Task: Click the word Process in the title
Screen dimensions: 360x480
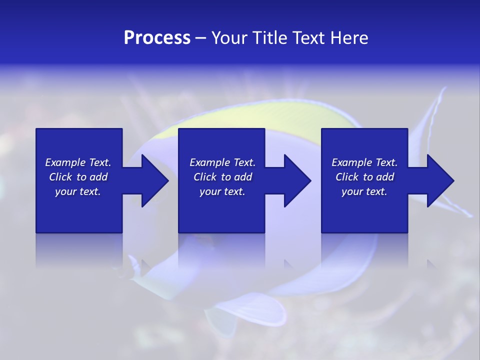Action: point(157,38)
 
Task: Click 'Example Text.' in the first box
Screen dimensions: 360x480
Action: point(78,162)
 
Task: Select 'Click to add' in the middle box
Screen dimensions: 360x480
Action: point(222,177)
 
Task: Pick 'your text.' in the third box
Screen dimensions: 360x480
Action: point(364,191)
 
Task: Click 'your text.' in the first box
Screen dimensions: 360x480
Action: point(78,191)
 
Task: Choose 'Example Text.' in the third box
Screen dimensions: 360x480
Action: point(364,162)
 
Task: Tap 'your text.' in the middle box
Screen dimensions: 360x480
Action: point(222,191)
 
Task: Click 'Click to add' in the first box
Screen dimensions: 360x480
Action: point(78,177)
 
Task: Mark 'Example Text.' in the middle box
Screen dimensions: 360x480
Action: point(222,162)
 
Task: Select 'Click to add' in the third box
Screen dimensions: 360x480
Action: point(364,177)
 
